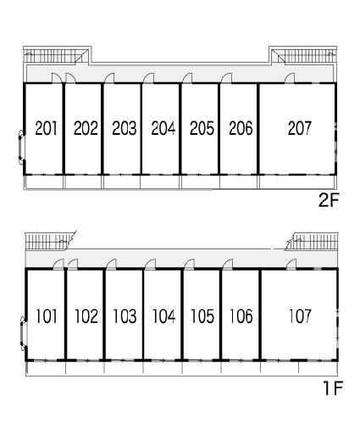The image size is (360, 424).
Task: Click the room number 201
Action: [46, 128]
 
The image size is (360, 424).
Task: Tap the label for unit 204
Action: [163, 128]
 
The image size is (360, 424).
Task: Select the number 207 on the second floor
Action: [300, 128]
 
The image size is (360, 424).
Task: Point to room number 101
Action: [47, 316]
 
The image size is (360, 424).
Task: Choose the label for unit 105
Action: [202, 316]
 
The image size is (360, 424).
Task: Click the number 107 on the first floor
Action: [300, 316]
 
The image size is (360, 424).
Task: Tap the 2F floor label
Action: [329, 200]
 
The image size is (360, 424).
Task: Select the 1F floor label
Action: [333, 388]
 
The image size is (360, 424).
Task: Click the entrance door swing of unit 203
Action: [109, 78]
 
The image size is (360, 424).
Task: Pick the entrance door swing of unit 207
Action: [290, 78]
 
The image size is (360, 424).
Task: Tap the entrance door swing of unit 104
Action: [150, 264]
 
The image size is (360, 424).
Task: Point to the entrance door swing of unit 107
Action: [291, 264]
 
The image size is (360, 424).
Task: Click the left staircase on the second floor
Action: [56, 56]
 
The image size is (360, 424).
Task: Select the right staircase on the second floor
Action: [304, 56]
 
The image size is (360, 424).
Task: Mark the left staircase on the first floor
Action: [50, 241]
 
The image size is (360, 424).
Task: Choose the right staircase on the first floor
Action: [312, 241]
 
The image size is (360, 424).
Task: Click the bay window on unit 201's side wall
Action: [21, 147]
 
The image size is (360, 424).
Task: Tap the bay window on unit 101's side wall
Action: [23, 334]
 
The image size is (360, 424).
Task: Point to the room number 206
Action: [241, 128]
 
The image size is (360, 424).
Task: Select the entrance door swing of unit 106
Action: [228, 264]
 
